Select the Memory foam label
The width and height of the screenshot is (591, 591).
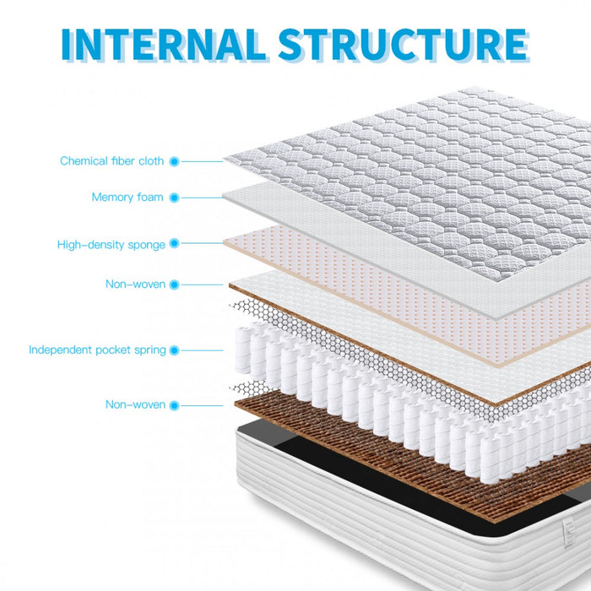tap(127, 198)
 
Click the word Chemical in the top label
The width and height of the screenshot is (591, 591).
tap(84, 160)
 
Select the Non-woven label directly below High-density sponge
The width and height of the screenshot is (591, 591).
tap(135, 285)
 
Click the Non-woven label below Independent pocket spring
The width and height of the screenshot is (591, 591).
tap(135, 404)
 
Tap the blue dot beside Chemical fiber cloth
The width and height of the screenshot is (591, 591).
tap(174, 160)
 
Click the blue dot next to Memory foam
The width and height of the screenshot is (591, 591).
tap(174, 198)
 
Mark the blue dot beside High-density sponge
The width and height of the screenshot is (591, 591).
tap(174, 244)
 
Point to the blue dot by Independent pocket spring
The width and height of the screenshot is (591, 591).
tap(174, 350)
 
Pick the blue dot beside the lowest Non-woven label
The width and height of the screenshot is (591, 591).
tap(174, 405)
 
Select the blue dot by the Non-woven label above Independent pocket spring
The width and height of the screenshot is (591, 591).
tap(174, 285)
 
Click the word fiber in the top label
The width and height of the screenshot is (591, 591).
tap(122, 160)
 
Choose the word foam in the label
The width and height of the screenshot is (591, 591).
tap(149, 198)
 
